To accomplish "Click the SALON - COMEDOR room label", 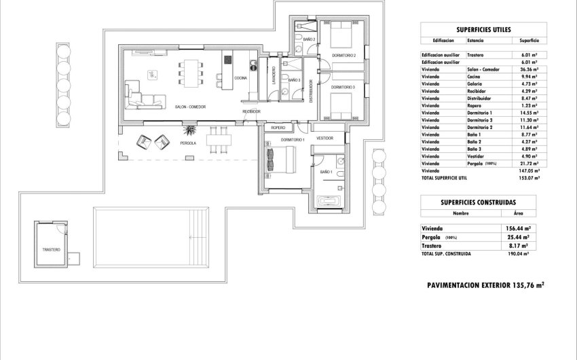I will point(190,107).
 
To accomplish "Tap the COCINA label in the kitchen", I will point(240,79).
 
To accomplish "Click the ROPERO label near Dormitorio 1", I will point(278,127).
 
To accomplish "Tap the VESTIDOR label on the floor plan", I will point(324,138).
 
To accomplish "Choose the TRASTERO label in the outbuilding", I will point(52,250).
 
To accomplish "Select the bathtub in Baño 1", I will point(335,200).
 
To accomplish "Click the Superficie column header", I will point(526,40).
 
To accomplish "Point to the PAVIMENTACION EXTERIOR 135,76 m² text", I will point(485,286).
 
